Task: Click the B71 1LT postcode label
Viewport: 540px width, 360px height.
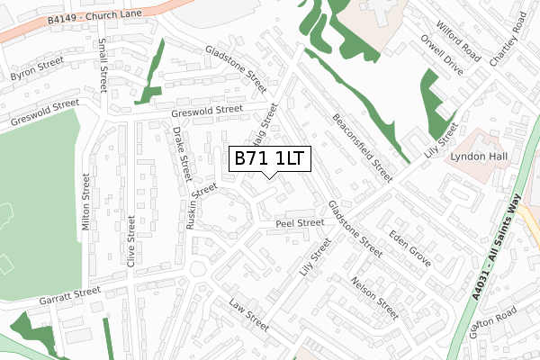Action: coord(271,159)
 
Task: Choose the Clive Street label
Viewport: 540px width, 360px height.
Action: coord(131,241)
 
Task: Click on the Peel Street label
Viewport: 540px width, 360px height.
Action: coord(300,223)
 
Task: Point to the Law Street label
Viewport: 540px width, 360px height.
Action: coord(249,314)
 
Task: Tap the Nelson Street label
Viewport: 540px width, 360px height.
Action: coord(375,298)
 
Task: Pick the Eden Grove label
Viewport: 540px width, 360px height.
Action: coord(410,248)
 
